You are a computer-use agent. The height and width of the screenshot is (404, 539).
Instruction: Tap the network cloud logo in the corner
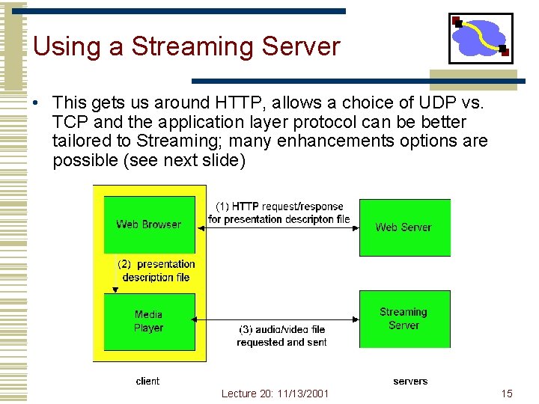481,38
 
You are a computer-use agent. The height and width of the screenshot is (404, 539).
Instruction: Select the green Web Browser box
149,224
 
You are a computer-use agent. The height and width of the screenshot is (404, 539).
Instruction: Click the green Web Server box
404,227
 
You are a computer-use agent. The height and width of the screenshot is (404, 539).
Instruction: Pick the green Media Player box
149,322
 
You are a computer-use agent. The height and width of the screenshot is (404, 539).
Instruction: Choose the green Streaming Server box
404,319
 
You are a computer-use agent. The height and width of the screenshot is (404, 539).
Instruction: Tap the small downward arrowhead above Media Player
115,290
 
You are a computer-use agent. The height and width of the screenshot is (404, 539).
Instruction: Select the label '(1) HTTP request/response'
279,206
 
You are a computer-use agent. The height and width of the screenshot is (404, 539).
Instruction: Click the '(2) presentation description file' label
156,270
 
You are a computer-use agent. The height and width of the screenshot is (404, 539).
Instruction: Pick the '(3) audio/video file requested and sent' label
281,336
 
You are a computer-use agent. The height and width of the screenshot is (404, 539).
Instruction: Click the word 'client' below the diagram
147,381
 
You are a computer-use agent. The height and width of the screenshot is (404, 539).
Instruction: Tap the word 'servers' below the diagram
410,381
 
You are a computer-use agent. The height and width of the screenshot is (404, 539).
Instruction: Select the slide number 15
507,394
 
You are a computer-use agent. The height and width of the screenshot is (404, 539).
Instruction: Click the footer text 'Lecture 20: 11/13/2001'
275,394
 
